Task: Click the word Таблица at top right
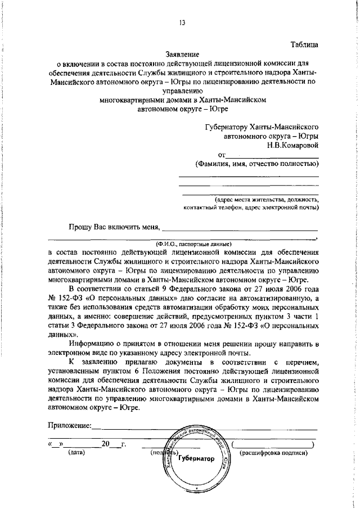(305, 44)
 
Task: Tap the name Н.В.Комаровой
(293, 145)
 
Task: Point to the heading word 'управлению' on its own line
(182, 91)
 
